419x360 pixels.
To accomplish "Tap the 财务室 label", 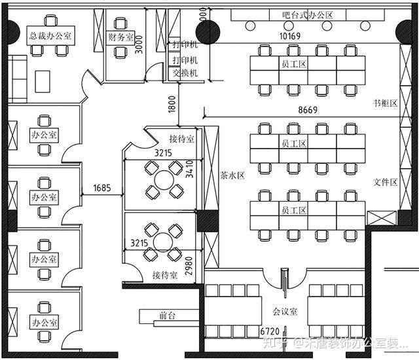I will coord(120,38).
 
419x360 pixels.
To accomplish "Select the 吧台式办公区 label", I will coord(308,14).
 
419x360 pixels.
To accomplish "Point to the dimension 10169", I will coord(289,36).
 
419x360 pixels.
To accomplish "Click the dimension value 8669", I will coord(306,110).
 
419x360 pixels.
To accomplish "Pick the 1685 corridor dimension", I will coord(101,188).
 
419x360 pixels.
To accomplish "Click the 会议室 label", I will coord(285,312).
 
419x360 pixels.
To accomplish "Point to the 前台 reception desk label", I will coord(168,315).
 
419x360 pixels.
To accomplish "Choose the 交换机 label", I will coord(185,73).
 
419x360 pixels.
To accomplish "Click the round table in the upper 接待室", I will coord(166,179).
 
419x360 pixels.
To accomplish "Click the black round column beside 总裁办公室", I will coord(14,28).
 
